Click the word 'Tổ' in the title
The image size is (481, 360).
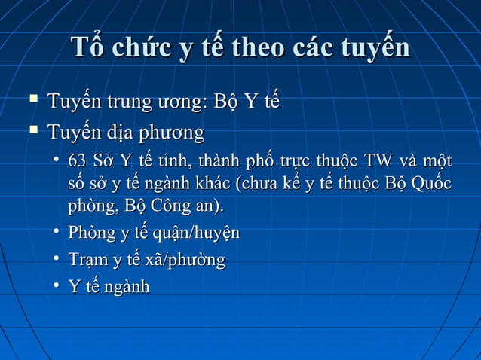click(87, 47)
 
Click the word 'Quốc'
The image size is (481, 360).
click(432, 183)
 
